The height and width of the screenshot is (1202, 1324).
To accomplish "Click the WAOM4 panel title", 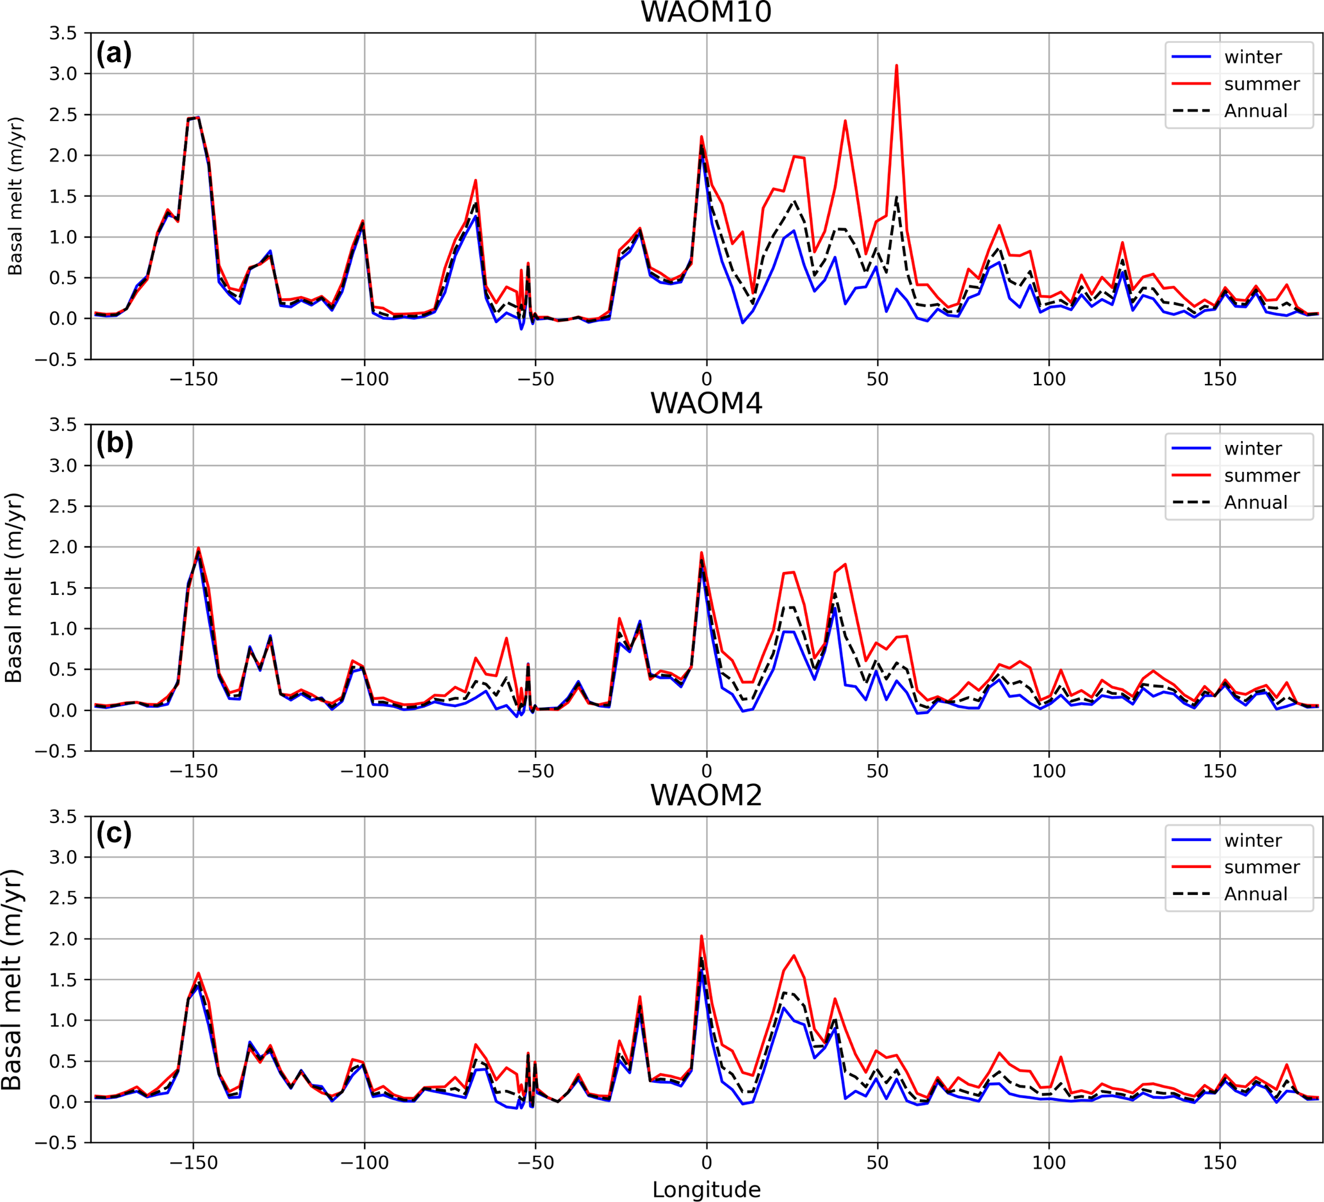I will coord(706,403).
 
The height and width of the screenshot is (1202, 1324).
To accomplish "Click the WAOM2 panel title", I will coord(706,796).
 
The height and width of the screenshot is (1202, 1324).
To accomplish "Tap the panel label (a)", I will coord(113,53).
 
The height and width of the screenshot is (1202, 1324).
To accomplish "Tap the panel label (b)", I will coord(114,444).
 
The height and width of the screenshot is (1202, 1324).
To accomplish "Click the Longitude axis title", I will coord(706,1190).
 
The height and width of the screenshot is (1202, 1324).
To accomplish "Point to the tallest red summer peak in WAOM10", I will coord(896,66).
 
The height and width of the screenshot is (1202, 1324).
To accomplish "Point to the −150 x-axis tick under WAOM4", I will coord(193,771).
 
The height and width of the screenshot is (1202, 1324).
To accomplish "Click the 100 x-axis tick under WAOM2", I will coord(1049,1162).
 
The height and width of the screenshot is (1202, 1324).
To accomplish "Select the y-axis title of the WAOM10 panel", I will coord(15,196).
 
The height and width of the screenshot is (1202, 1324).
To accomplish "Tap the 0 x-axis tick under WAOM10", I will coord(707,380).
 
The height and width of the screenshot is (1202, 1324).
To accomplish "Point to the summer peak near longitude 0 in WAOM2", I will coord(701,936).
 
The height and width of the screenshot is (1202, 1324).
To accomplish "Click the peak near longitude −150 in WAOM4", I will coord(199,548).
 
